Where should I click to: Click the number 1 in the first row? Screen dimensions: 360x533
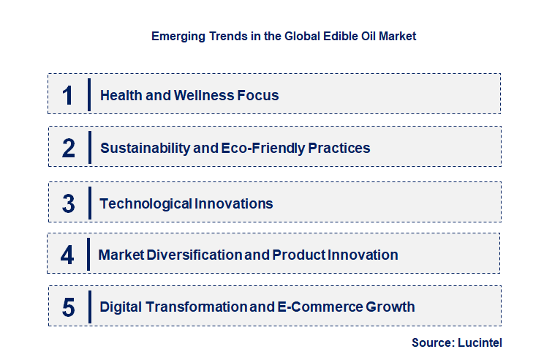click(68, 95)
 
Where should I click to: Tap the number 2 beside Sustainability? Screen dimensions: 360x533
click(69, 148)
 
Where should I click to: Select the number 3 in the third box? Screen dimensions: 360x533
click(69, 203)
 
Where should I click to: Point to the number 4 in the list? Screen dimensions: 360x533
click(67, 255)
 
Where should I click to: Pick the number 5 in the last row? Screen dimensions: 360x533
click(69, 307)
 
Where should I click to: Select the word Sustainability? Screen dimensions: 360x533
click(144, 148)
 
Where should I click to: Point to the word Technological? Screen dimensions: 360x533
click(146, 203)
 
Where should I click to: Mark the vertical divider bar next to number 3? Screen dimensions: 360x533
click(88, 203)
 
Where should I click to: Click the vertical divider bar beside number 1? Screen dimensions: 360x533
click(88, 94)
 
